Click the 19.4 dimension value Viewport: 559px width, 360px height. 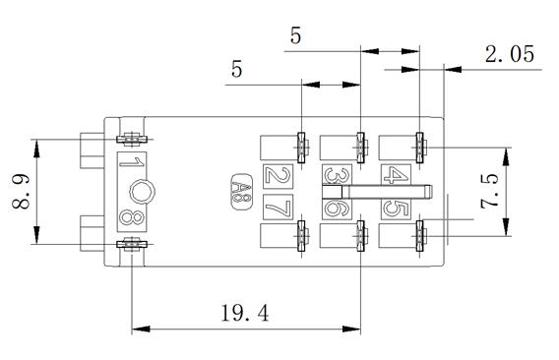(x=245, y=313)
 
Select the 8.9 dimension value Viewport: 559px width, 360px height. (x=21, y=192)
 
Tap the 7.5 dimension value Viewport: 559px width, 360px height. (x=489, y=192)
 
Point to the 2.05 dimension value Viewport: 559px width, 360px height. (x=510, y=54)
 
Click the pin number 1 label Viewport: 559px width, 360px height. (x=132, y=162)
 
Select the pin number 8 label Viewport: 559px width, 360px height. (x=132, y=217)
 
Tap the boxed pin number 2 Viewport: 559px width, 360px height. (x=279, y=176)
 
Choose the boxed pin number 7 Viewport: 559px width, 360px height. (x=279, y=208)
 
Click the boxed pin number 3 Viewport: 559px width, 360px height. (x=337, y=175)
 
